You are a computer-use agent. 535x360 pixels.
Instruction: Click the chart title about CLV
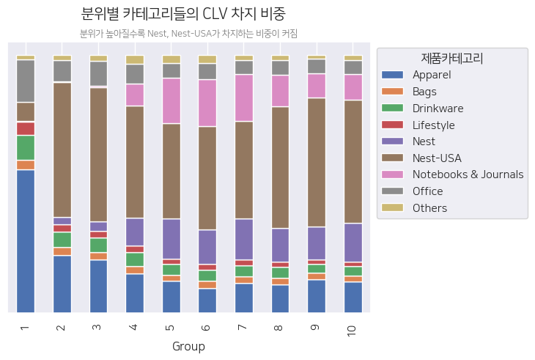point(182,14)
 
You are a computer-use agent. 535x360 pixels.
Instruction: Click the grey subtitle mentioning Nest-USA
point(188,34)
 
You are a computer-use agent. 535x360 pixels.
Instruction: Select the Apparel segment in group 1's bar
point(26,240)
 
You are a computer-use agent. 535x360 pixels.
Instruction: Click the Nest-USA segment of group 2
point(62,150)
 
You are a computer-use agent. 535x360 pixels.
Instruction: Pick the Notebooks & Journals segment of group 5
point(171,100)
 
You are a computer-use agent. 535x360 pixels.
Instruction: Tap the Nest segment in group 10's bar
point(353,242)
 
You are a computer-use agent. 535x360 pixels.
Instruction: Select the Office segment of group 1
point(26,81)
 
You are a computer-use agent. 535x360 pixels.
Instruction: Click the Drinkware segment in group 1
point(26,147)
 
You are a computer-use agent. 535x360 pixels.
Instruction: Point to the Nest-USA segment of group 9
point(317,162)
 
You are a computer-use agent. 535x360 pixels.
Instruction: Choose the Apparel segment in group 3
point(99,286)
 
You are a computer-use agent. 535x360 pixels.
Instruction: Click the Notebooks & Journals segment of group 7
point(244,98)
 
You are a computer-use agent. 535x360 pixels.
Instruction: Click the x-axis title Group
point(188,346)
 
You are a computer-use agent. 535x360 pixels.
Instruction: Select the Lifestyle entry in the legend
point(433,125)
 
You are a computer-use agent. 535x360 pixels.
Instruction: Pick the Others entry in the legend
point(429,208)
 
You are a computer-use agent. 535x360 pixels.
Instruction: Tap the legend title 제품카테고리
point(451,58)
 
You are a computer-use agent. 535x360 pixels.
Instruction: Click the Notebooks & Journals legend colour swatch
point(394,175)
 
